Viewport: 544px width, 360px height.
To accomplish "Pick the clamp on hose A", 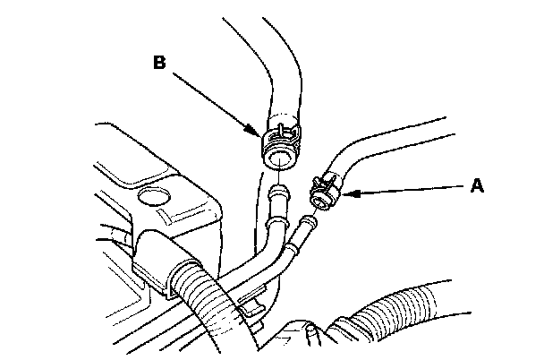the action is point(323,189).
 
